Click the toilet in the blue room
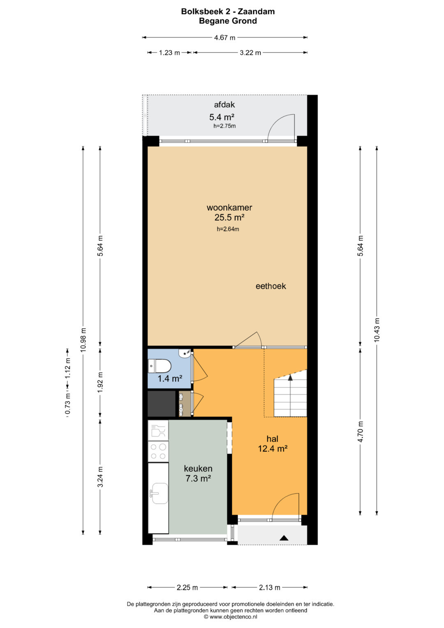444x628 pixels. pyautogui.click(x=159, y=366)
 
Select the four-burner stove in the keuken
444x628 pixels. pyautogui.click(x=158, y=452)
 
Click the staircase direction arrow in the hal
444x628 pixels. pyautogui.click(x=290, y=378)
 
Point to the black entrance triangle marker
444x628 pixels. pyautogui.click(x=284, y=538)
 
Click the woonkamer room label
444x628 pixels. pyautogui.click(x=229, y=207)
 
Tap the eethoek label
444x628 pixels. pyautogui.click(x=271, y=286)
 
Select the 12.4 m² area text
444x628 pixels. pyautogui.click(x=273, y=449)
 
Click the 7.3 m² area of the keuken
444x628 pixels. pyautogui.click(x=198, y=478)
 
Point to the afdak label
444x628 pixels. pyautogui.click(x=224, y=104)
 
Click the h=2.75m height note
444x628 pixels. pyautogui.click(x=224, y=126)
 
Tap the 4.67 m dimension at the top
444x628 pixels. pyautogui.click(x=224, y=37)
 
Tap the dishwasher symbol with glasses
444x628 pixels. pyautogui.click(x=158, y=431)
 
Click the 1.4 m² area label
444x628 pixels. pyautogui.click(x=170, y=379)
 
